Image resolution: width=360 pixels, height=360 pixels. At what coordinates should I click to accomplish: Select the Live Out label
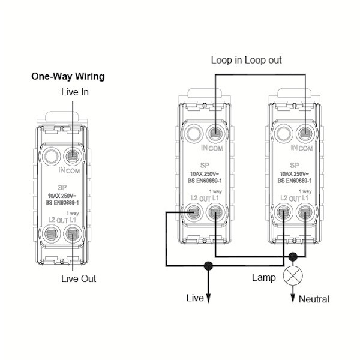click(x=78, y=278)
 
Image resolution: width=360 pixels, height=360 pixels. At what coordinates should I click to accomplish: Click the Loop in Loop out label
click(x=246, y=60)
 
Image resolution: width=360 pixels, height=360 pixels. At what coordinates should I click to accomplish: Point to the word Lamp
click(x=264, y=278)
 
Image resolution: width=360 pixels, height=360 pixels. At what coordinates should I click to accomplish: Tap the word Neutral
click(x=314, y=298)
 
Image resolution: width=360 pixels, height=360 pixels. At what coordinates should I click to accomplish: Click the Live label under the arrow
click(x=196, y=298)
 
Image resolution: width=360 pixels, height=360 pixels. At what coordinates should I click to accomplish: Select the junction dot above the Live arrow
click(x=209, y=265)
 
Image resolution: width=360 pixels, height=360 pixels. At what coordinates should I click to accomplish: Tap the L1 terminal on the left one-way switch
click(x=73, y=235)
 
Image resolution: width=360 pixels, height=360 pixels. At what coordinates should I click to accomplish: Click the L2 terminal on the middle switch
click(x=194, y=211)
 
